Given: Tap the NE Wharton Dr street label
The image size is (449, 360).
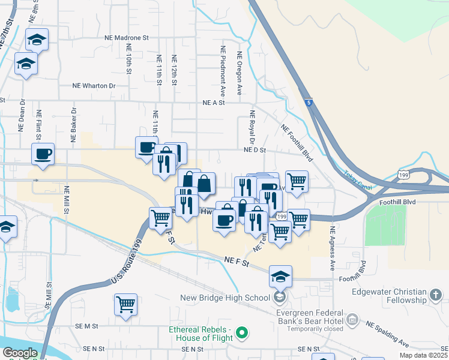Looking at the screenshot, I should coord(94,86).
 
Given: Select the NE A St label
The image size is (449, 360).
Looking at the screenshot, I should coord(213,103).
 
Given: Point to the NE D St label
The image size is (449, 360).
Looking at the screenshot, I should coord(255,150).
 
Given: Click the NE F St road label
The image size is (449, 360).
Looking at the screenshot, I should coord(237,260).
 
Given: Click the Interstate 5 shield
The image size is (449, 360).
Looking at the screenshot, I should coord(307,103).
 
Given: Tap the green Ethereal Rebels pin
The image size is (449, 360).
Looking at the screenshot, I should coord(242,332).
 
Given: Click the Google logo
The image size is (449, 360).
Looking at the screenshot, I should coord(19,353).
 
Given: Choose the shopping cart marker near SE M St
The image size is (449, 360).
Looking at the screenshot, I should coord(126,305).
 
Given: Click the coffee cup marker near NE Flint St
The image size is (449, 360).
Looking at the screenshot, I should coord(43,154).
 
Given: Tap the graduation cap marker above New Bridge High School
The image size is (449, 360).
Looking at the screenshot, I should coord(280,277).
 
